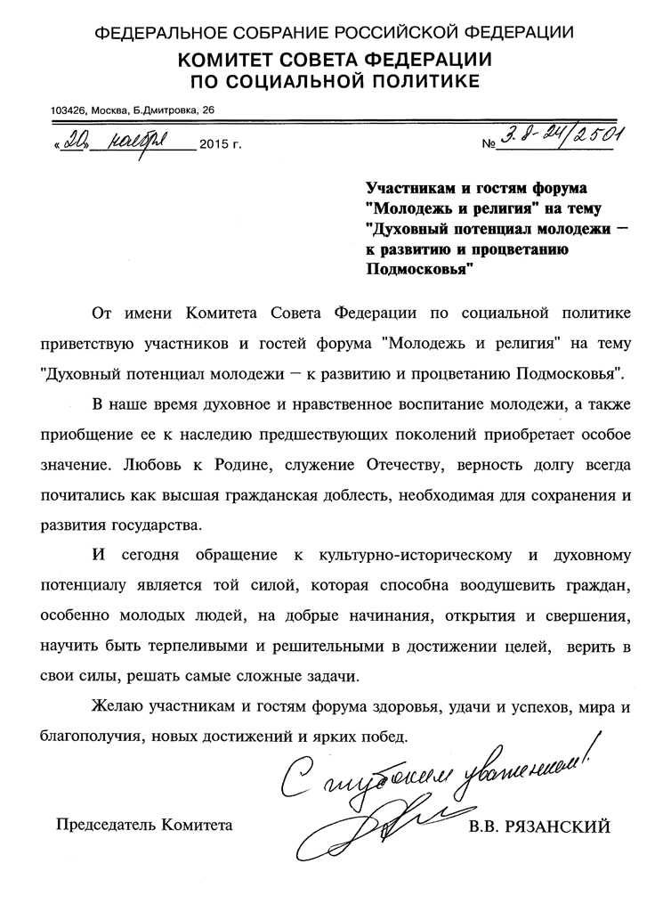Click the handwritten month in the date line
pos(141,140)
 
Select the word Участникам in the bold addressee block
pos(411,189)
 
